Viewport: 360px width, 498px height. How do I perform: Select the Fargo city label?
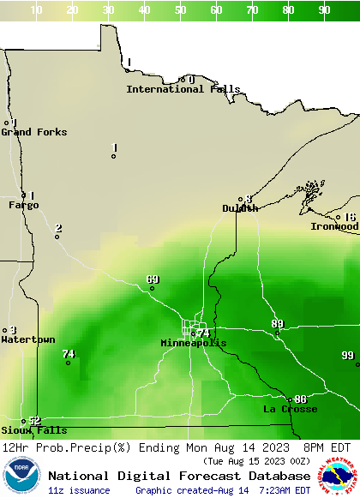tap(24, 205)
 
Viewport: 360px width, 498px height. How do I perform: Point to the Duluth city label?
tap(240, 208)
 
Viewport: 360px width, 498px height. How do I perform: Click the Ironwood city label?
tap(334, 226)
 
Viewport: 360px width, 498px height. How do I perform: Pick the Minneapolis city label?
tap(194, 343)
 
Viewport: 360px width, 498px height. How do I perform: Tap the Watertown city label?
tap(28, 340)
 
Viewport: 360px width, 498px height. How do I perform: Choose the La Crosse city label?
tap(290, 410)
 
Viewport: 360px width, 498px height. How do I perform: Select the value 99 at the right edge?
tap(347, 356)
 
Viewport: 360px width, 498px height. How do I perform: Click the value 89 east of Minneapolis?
tap(277, 323)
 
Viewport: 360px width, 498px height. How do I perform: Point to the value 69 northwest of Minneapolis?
tap(153, 279)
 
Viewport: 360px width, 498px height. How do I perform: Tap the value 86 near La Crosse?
tap(300, 399)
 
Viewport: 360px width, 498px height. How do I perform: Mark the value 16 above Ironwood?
tap(349, 218)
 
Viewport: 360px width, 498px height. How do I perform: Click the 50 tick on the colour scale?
tap(181, 9)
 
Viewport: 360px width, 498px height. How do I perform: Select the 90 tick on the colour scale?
tap(325, 9)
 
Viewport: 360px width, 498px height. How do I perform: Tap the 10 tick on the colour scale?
tap(37, 9)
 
